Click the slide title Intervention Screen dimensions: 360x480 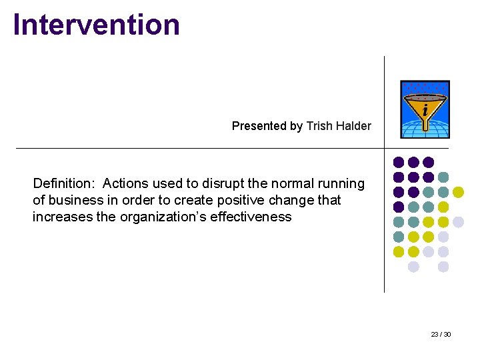tap(97, 25)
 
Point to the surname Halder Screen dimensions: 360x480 tap(355, 126)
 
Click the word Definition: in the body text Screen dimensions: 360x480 tap(63, 183)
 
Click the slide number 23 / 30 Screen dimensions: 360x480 tap(441, 334)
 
